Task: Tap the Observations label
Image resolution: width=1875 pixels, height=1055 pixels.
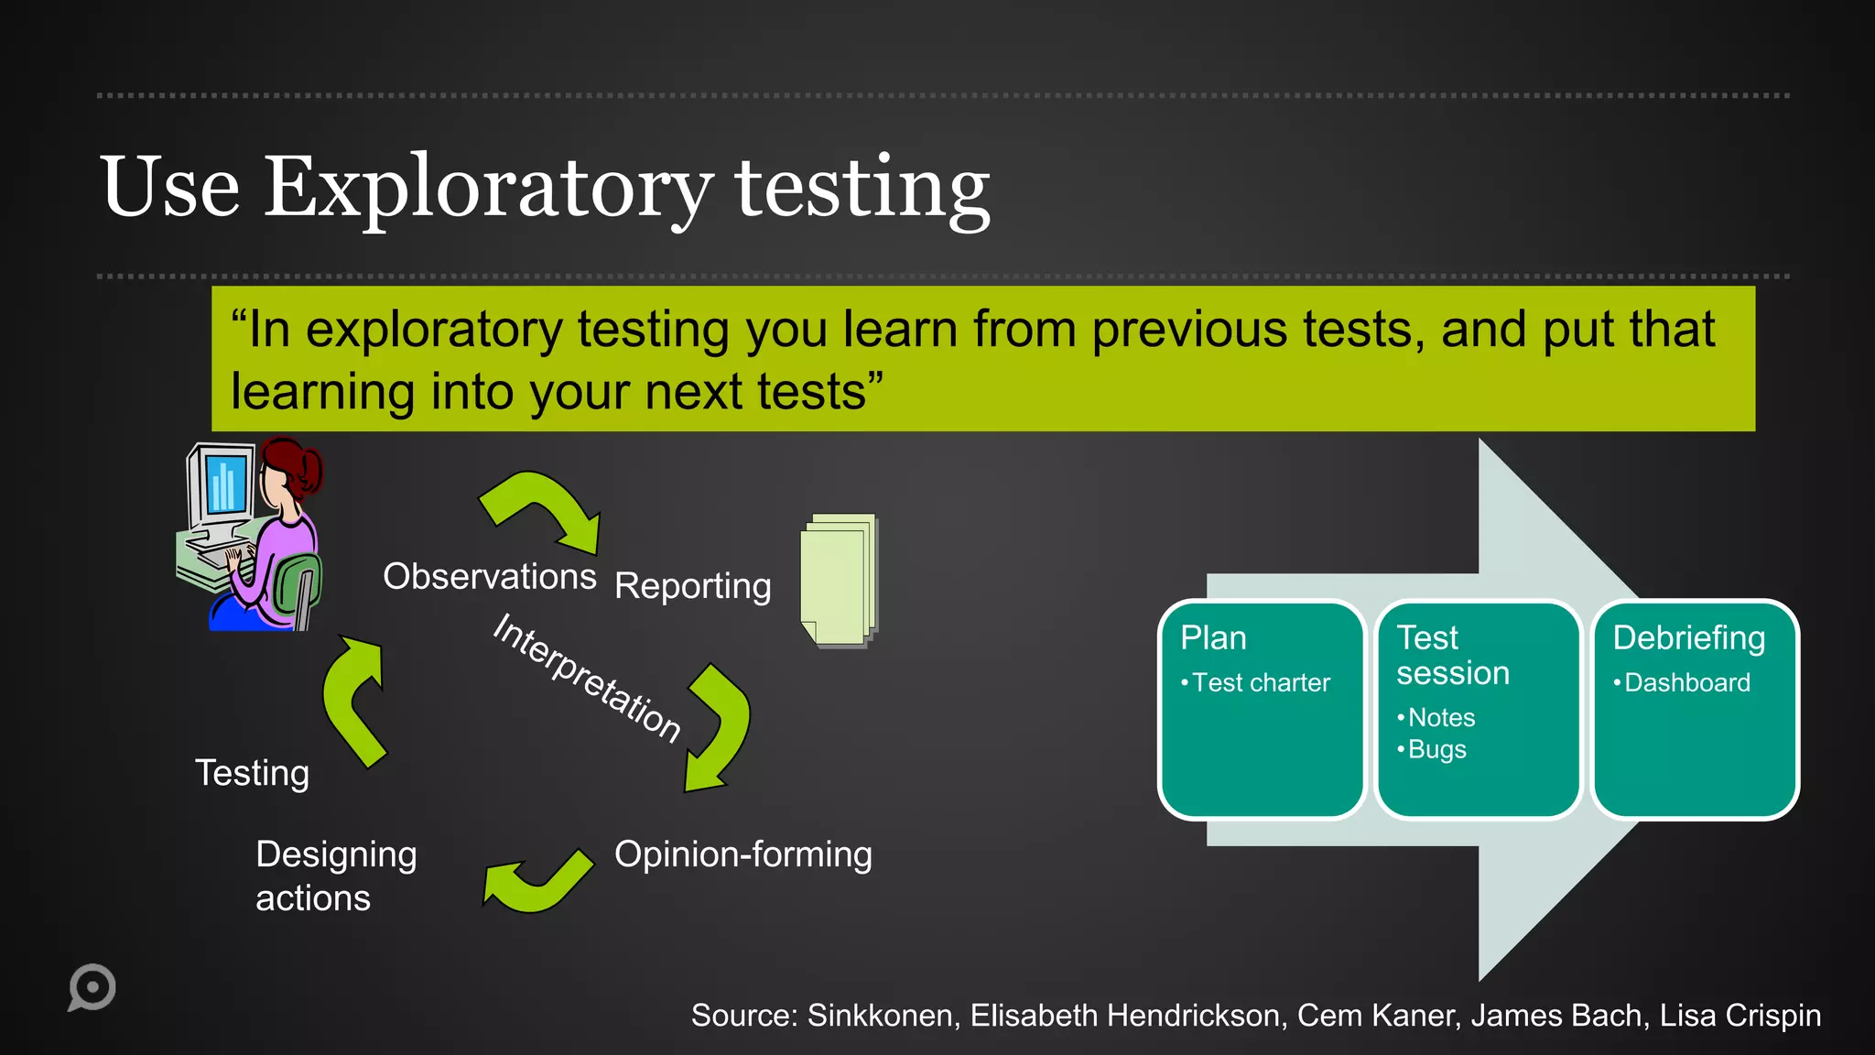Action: pyautogui.click(x=489, y=577)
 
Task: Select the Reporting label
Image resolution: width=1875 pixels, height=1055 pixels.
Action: pyautogui.click(x=692, y=586)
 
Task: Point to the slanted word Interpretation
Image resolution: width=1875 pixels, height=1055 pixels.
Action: pyautogui.click(x=586, y=678)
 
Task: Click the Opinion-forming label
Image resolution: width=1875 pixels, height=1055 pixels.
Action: pyautogui.click(x=742, y=854)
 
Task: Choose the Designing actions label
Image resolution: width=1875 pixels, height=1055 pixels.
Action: pyautogui.click(x=335, y=876)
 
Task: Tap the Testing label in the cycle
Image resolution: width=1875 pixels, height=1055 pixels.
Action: pyautogui.click(x=252, y=773)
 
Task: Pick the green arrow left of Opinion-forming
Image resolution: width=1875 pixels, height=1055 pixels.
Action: pyautogui.click(x=536, y=883)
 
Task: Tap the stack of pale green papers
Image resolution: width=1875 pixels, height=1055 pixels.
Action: pyautogui.click(x=839, y=582)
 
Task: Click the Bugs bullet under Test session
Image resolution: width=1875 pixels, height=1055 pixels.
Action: pyautogui.click(x=1436, y=750)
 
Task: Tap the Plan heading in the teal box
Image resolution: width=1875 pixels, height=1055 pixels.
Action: pyautogui.click(x=1213, y=638)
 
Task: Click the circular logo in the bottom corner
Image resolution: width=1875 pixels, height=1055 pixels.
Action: pyautogui.click(x=92, y=987)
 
